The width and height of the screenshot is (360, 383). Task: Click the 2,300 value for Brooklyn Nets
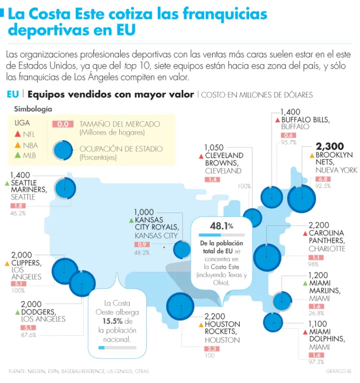(331, 146)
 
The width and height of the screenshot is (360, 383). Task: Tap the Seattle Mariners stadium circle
(65, 188)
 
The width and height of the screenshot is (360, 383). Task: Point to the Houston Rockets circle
(180, 306)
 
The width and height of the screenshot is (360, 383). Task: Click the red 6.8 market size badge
(323, 179)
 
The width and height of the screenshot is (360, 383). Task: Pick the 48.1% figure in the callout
(221, 226)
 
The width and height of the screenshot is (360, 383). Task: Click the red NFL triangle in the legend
(17, 134)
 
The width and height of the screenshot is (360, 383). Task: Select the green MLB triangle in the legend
(17, 156)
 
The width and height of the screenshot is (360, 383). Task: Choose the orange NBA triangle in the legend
(17, 145)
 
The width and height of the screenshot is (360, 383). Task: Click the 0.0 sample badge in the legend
(62, 124)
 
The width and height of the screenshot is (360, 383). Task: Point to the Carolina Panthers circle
(268, 256)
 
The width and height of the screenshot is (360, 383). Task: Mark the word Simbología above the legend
(33, 109)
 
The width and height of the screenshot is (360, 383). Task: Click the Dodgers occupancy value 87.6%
(29, 335)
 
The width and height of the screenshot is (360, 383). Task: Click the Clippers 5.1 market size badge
(18, 283)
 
